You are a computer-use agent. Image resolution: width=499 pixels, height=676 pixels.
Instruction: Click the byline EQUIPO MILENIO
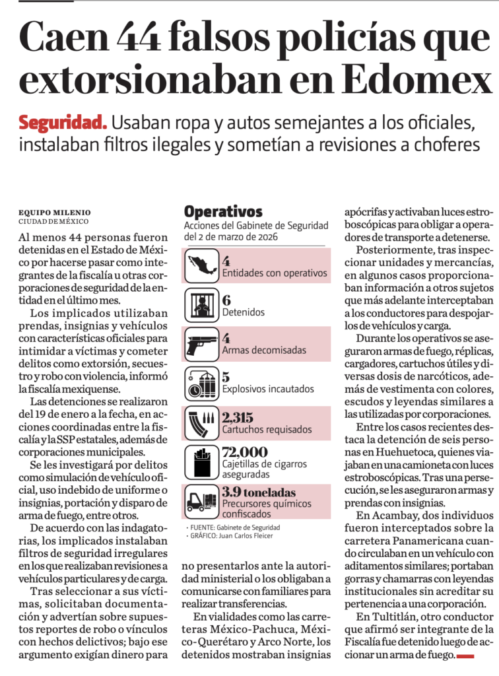(x=55, y=213)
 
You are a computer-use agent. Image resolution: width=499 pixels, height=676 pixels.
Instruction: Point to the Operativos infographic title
(x=223, y=213)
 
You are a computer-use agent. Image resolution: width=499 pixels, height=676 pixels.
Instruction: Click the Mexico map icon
(x=201, y=265)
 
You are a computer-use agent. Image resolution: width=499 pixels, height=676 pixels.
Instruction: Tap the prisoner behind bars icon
(x=201, y=305)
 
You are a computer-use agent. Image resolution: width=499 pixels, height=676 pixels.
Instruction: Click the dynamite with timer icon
(x=201, y=384)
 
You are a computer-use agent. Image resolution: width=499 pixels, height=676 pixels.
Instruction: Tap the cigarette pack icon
(x=201, y=462)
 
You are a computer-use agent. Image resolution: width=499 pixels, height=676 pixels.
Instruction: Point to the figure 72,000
(x=245, y=452)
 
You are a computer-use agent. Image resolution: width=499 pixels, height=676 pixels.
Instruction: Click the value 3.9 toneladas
(x=259, y=492)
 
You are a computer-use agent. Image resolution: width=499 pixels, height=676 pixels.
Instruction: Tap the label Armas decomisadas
(x=259, y=350)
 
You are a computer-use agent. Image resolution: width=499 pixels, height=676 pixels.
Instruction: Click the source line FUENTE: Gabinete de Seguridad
(x=234, y=527)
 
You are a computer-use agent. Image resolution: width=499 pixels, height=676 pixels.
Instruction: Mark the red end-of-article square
(x=466, y=656)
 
